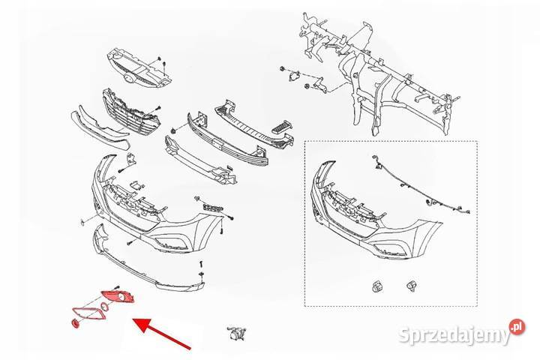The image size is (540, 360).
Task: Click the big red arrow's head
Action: (x=142, y=325)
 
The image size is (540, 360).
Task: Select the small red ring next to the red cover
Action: (x=104, y=306)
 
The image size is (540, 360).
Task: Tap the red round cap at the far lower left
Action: (x=74, y=324)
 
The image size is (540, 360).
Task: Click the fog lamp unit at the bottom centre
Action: (x=236, y=334)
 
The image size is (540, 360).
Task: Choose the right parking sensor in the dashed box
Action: (x=410, y=286)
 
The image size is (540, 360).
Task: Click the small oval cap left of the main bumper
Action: (x=82, y=222)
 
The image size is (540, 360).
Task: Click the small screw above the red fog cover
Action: (x=116, y=287)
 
